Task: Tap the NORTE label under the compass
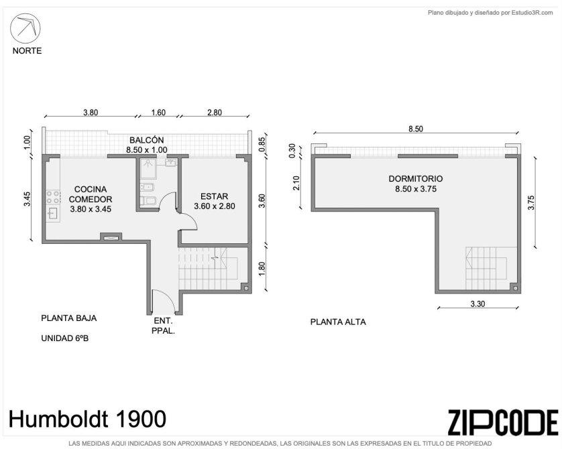click(27, 51)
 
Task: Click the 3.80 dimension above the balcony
click(91, 113)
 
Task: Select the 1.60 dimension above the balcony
click(158, 113)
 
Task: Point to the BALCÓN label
click(147, 140)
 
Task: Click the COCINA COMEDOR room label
click(91, 194)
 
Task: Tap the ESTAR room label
click(215, 196)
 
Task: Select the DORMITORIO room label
click(416, 178)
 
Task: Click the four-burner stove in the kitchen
click(53, 197)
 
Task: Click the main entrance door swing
click(163, 302)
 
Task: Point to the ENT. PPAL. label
click(163, 326)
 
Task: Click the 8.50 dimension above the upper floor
click(416, 129)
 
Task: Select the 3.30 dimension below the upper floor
click(477, 304)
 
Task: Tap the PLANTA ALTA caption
click(338, 322)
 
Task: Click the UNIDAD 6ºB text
click(65, 338)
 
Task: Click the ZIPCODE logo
click(503, 422)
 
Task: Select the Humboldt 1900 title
click(87, 419)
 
